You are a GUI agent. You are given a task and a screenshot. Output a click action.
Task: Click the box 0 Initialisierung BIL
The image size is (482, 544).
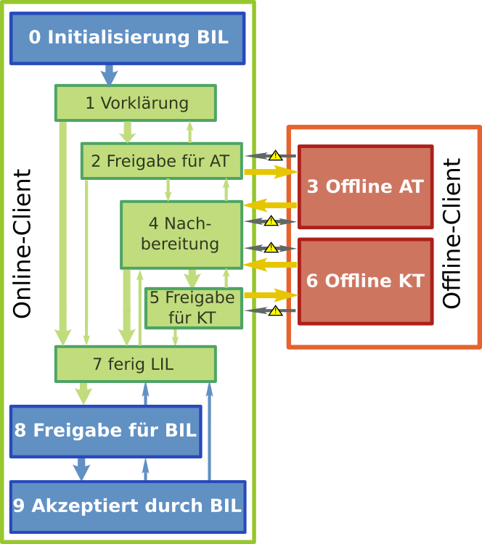pos(127,38)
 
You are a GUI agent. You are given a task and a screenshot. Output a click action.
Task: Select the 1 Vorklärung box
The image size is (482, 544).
pos(136,103)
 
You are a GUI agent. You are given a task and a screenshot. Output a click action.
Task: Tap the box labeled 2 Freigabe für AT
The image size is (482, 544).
pos(161,161)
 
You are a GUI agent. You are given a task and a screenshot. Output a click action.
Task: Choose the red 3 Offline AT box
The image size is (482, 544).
pos(365,187)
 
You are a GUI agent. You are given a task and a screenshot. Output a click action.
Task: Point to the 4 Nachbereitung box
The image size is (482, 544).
pos(181,234)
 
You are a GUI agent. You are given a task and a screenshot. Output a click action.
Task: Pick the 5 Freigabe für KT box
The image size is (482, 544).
pos(193,308)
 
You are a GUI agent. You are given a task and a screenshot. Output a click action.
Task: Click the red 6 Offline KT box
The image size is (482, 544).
pos(365,281)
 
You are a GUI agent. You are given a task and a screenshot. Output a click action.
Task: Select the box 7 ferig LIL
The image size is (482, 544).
pos(135,364)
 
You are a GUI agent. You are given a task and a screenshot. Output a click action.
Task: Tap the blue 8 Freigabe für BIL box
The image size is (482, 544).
pos(105,431)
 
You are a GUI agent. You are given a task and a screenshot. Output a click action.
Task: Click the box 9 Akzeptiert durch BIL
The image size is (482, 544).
pos(127,506)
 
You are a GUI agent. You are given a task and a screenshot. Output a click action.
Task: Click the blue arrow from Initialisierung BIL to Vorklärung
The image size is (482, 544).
pos(109,75)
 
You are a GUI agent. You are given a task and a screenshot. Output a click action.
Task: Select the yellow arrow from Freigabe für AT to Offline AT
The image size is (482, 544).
pos(270,172)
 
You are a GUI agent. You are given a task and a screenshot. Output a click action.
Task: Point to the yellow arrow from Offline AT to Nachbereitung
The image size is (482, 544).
pos(270,205)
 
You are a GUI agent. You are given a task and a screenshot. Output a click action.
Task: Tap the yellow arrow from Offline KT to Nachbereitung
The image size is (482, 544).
pos(270,265)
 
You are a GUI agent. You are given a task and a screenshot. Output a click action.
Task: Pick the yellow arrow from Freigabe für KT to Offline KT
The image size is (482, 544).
pos(270,295)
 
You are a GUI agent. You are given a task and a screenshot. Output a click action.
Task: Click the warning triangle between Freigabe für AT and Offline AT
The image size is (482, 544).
pos(275,155)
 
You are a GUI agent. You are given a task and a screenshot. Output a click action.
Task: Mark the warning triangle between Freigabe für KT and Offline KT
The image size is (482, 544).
pos(275,310)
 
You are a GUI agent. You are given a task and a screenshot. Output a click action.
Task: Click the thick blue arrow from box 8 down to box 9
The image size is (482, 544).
pos(81,469)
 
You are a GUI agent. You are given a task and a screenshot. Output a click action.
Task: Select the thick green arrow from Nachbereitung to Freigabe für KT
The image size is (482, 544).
pos(192,279)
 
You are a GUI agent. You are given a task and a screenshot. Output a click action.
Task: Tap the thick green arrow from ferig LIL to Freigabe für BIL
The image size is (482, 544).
pos(83,393)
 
